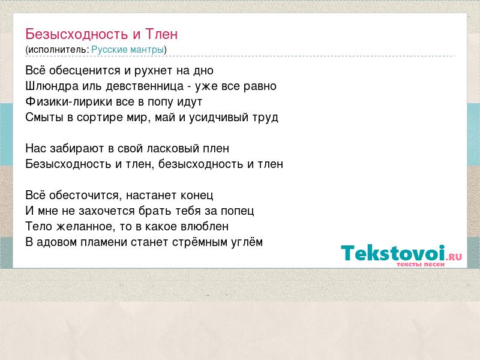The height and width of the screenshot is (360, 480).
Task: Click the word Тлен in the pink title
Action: point(161,34)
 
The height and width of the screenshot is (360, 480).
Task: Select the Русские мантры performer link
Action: point(128,50)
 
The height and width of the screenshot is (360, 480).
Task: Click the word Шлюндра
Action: point(52,86)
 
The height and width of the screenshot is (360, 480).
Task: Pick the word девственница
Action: point(145,86)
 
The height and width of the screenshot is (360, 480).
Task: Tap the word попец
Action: point(237,211)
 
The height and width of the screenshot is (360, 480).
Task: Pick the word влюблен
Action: point(205,227)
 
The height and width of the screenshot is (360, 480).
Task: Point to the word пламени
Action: point(104,242)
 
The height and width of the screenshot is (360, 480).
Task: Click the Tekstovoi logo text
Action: point(393,253)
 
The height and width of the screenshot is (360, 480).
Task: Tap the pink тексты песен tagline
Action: point(421,264)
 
